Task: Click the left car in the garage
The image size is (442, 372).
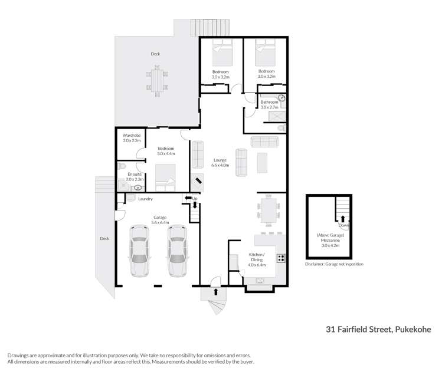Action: click(140, 250)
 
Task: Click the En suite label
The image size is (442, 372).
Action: click(134, 175)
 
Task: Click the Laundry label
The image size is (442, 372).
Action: click(145, 199)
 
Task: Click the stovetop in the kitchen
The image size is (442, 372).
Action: click(281, 257)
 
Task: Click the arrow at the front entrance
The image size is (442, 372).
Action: click(215, 291)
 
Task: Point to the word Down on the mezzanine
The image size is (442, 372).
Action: click(343, 225)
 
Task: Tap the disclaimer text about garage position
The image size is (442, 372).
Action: click(334, 264)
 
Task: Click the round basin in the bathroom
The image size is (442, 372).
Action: click(282, 98)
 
